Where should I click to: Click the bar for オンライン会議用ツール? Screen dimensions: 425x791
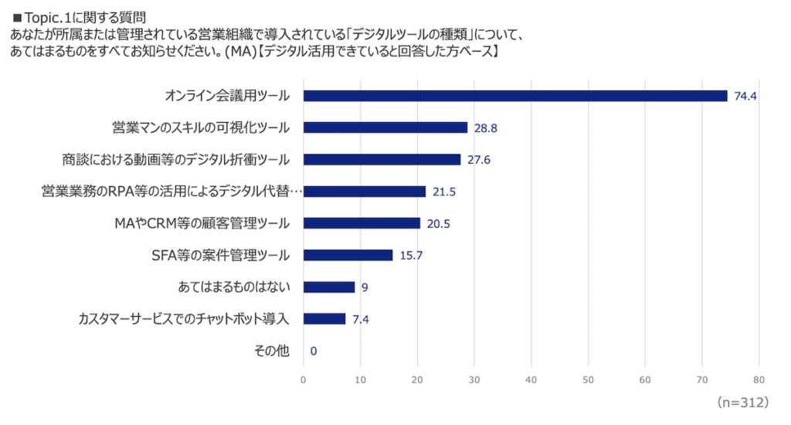(x=515, y=96)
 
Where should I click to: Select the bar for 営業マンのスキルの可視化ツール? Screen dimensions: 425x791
(x=385, y=127)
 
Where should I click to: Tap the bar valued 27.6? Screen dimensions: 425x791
(x=382, y=159)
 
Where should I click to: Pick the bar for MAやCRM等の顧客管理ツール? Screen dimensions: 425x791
(x=362, y=223)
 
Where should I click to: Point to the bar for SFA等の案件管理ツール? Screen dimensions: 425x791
(x=348, y=255)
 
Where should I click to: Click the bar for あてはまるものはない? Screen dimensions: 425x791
(x=329, y=287)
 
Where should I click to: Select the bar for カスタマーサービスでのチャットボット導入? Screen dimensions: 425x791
(x=324, y=318)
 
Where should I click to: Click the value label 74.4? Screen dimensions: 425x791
(x=746, y=96)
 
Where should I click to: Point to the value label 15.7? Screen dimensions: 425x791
(x=411, y=255)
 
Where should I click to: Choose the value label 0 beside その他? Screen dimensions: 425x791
(x=313, y=351)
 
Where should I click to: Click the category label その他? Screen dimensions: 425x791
(x=272, y=351)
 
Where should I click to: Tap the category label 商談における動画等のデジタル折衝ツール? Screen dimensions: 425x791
(x=176, y=159)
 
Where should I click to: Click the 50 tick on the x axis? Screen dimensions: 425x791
(x=588, y=380)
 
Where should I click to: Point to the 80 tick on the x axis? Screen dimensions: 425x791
(x=759, y=380)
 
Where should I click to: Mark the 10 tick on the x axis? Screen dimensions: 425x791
(x=360, y=380)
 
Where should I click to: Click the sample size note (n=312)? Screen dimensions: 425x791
(x=742, y=403)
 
